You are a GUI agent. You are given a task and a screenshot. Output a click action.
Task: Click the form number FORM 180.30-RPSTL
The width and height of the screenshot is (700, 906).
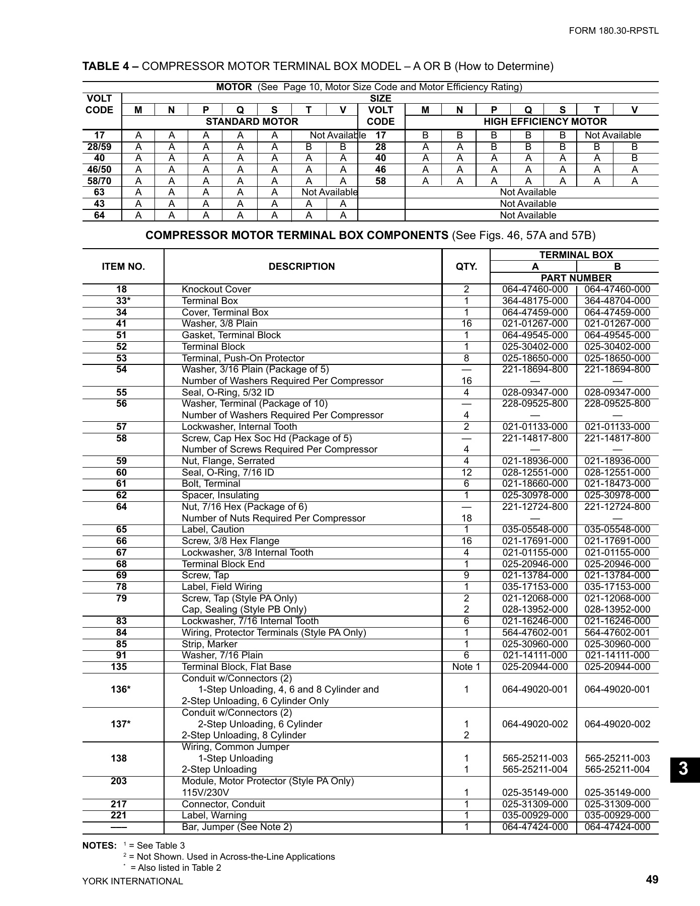click(x=613, y=31)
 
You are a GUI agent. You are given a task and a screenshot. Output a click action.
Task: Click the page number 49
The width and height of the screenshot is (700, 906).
click(x=652, y=879)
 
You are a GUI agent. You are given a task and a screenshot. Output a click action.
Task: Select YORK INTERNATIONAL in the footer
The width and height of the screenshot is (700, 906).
click(x=132, y=881)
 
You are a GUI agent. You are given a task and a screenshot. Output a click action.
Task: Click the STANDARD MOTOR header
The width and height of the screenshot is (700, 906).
click(x=252, y=122)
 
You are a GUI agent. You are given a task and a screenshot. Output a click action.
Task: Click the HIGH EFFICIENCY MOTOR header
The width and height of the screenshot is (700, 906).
click(x=545, y=122)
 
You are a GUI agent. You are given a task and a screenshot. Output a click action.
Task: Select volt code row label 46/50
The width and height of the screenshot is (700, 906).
click(x=99, y=170)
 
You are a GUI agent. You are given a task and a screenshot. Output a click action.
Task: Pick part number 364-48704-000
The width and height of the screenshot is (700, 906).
click(x=617, y=301)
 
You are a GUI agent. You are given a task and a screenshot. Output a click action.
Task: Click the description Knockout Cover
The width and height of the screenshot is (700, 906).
click(x=216, y=289)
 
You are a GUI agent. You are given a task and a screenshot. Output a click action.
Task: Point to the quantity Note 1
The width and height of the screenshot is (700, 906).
click(x=466, y=667)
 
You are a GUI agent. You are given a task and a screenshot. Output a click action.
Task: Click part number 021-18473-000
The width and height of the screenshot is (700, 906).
click(x=617, y=484)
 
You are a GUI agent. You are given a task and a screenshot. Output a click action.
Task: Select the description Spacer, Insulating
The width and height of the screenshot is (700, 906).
click(x=220, y=495)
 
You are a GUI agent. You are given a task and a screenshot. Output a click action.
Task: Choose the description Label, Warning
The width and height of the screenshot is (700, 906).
click(x=214, y=815)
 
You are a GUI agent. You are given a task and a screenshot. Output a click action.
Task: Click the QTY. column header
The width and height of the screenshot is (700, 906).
click(x=466, y=267)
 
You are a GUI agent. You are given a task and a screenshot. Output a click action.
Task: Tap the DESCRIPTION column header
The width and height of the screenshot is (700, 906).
click(x=301, y=267)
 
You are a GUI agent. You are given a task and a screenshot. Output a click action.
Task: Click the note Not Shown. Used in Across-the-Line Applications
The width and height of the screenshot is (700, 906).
click(x=231, y=857)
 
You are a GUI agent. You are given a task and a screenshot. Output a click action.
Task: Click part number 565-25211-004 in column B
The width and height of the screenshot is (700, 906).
click(x=617, y=770)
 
